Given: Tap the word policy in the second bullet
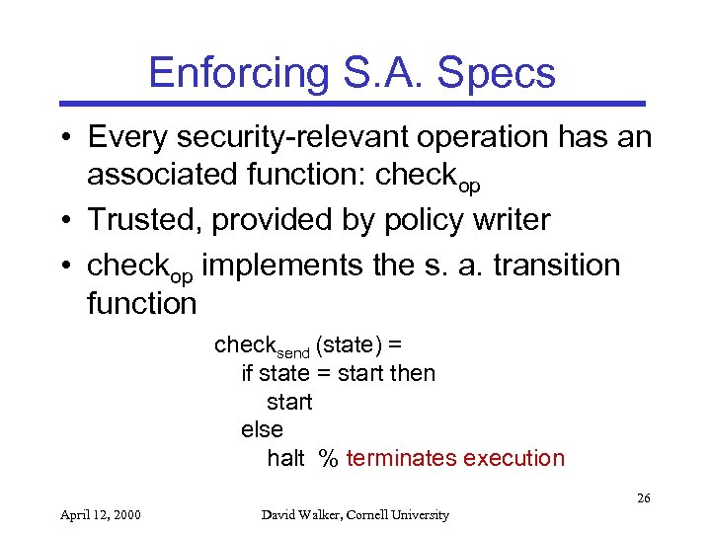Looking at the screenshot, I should (424, 220).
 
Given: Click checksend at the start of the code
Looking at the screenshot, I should (261, 346).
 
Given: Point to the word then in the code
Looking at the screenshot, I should (413, 373).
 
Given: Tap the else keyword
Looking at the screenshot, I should (262, 429).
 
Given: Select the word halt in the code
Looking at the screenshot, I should (285, 458).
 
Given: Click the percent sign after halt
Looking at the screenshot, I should (328, 458).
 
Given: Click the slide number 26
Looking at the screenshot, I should (643, 498).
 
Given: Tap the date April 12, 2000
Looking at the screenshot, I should (101, 514).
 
